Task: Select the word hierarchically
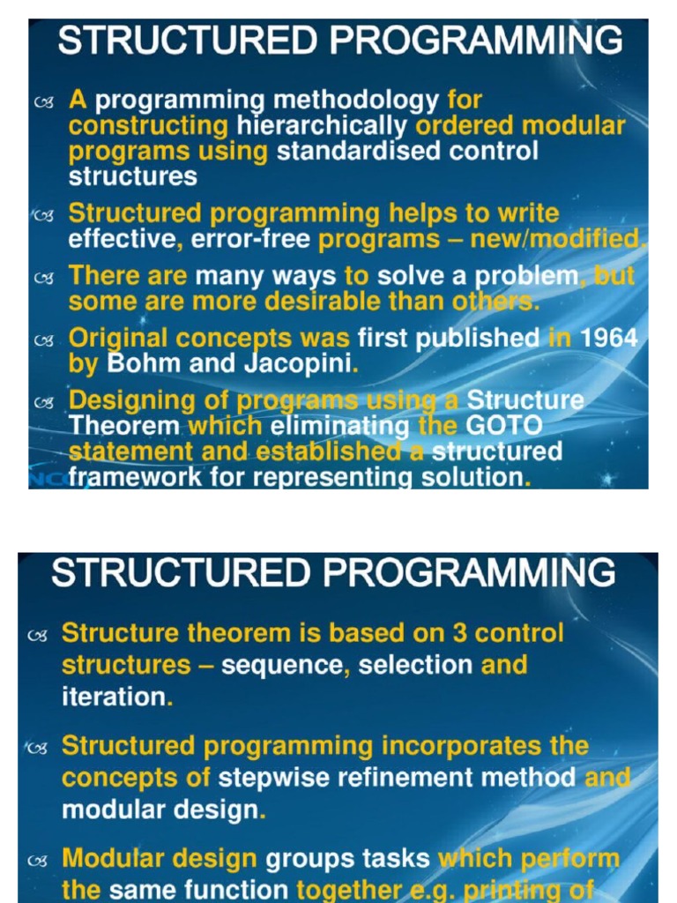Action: click(323, 126)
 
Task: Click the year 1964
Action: click(609, 339)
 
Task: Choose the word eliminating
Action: click(340, 426)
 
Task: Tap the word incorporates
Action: click(462, 746)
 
